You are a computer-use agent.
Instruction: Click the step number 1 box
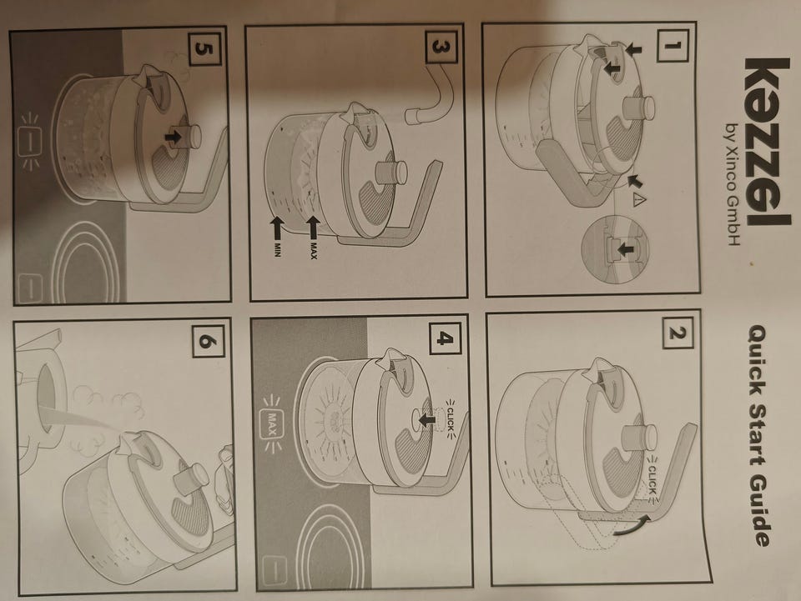(x=673, y=45)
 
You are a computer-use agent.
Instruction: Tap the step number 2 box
(x=678, y=333)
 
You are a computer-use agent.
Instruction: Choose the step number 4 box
(x=444, y=338)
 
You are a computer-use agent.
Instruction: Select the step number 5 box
(x=205, y=49)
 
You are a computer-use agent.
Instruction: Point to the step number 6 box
(x=209, y=341)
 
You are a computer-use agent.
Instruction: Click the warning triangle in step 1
(x=638, y=201)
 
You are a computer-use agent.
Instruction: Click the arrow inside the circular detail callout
(x=625, y=249)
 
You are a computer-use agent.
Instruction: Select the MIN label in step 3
(x=277, y=249)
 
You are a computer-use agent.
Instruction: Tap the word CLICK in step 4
(x=450, y=418)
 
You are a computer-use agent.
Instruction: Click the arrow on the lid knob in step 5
(x=174, y=136)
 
